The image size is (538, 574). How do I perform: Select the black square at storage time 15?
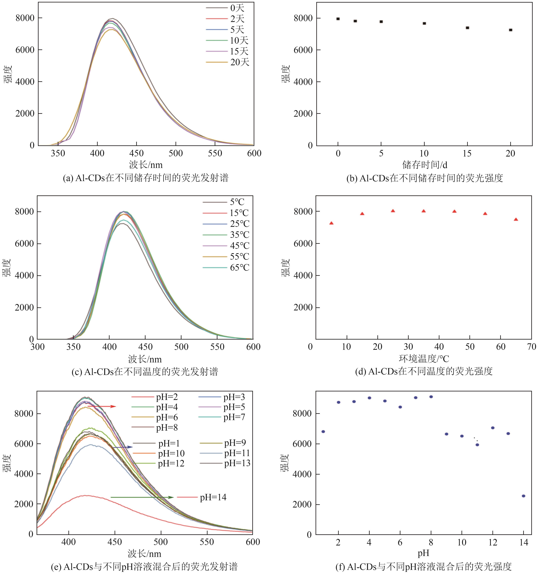coord(467,28)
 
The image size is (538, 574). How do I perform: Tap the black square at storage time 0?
coord(338,19)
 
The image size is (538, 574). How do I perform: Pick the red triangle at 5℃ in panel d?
coord(331,223)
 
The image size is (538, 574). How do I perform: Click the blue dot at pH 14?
coord(523,496)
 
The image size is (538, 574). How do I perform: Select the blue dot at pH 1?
coord(323,431)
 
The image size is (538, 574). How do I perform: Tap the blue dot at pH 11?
coord(477,445)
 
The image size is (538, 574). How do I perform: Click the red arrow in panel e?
coord(101,407)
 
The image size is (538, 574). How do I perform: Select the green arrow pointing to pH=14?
coord(142,497)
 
